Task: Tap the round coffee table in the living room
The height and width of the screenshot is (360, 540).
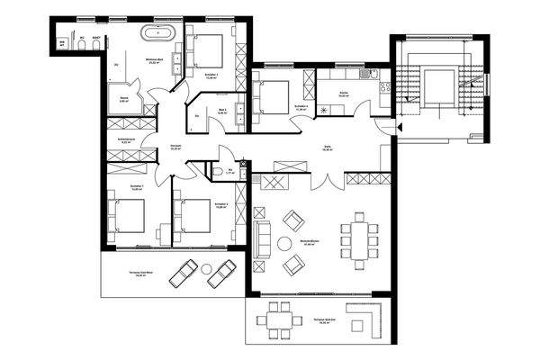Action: (284, 243)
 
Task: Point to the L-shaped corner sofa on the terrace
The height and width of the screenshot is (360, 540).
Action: (364, 319)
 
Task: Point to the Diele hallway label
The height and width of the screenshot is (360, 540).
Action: (328, 150)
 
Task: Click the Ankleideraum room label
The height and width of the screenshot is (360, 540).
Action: (126, 141)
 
